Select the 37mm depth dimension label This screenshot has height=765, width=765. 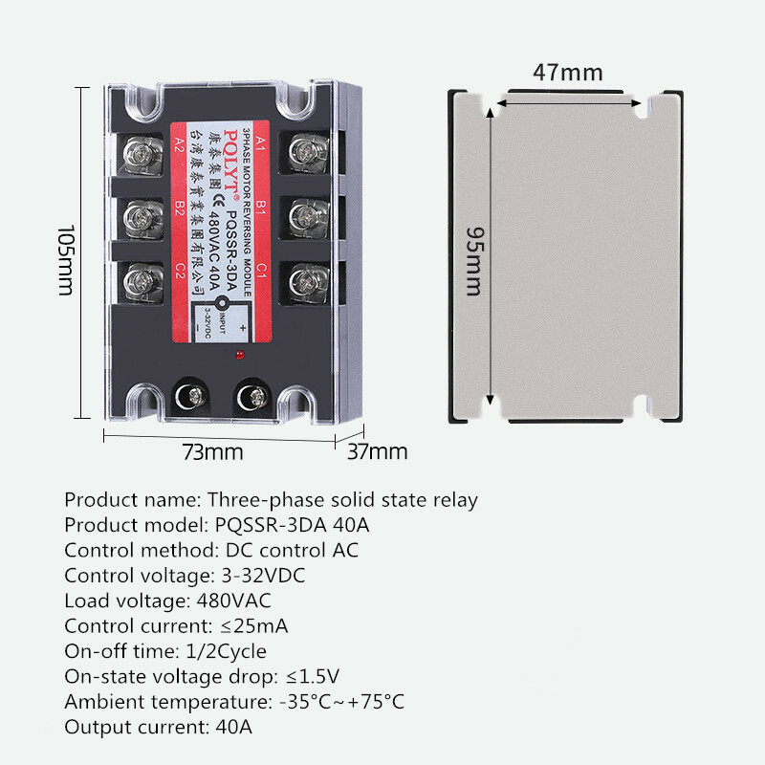tap(377, 451)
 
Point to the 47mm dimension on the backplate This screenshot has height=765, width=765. tap(568, 73)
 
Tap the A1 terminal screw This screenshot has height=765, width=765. tap(308, 151)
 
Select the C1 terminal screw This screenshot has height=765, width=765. tap(308, 280)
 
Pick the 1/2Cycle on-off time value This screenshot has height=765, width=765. tap(222, 652)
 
